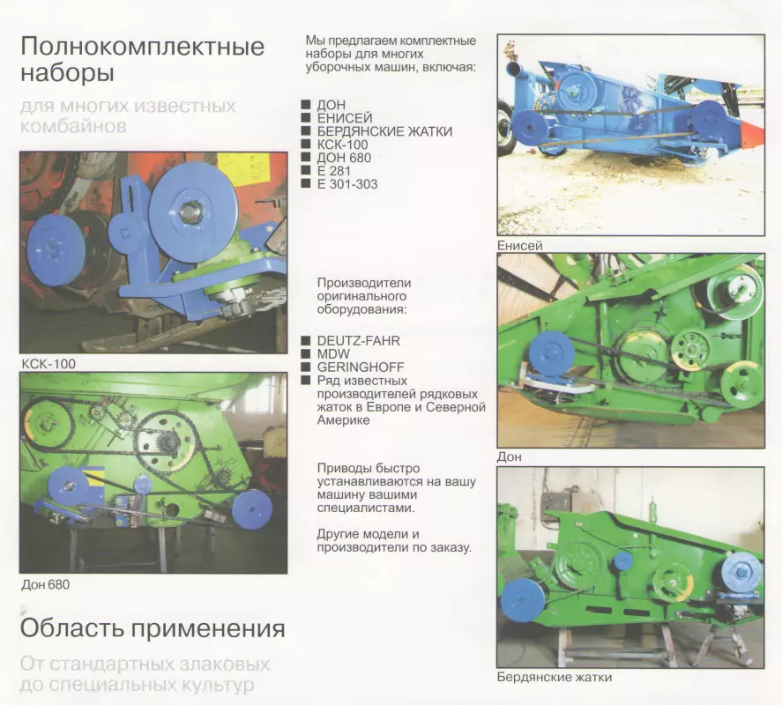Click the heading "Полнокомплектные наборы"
[143, 59]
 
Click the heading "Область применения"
[153, 628]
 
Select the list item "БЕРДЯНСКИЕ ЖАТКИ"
[384, 131]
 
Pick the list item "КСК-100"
[343, 145]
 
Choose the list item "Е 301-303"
[347, 184]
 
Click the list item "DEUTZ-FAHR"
[359, 341]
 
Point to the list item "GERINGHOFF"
[361, 367]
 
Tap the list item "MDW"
[333, 354]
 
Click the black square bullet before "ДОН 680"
[306, 158]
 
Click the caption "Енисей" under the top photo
[519, 245]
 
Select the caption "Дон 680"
[45, 584]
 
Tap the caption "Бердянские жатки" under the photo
[554, 677]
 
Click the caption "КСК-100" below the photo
[48, 364]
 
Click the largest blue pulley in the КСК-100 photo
[193, 211]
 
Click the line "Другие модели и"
[368, 534]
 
